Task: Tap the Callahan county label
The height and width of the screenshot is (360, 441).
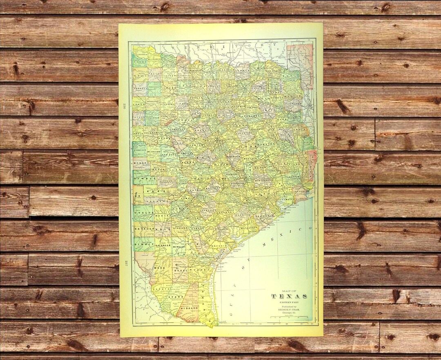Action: [x=151, y=116]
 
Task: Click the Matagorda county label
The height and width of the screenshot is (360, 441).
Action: [x=247, y=224]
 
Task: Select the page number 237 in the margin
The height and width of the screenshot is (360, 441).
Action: [x=124, y=262]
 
